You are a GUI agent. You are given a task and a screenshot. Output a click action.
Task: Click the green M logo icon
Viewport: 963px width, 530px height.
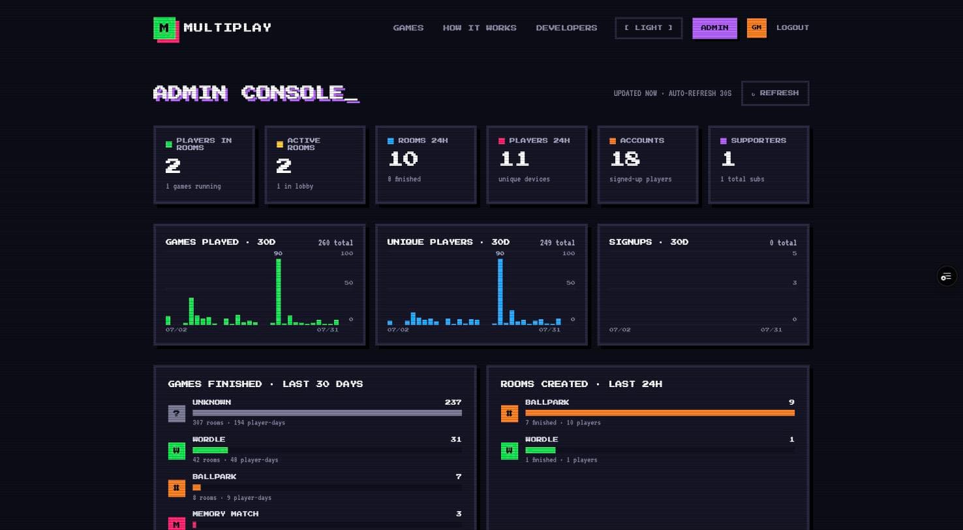click(x=165, y=29)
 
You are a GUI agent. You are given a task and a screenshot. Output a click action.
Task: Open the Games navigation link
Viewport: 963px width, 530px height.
click(x=408, y=28)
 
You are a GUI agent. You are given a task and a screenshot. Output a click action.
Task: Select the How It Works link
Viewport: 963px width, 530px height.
click(x=480, y=28)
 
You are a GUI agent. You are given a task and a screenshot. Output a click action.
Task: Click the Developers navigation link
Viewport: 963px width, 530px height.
click(x=566, y=28)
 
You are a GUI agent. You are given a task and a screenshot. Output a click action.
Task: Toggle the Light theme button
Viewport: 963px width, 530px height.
click(x=649, y=28)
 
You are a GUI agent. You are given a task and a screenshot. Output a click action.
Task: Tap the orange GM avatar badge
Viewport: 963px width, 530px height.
click(x=757, y=28)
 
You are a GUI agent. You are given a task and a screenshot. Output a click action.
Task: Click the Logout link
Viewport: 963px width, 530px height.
click(x=792, y=27)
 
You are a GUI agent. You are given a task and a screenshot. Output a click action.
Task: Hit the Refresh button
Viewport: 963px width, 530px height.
click(x=775, y=93)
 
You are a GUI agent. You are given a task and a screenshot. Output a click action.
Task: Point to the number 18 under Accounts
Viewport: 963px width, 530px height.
click(x=624, y=159)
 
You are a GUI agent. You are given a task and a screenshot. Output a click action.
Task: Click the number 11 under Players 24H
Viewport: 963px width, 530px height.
click(x=513, y=159)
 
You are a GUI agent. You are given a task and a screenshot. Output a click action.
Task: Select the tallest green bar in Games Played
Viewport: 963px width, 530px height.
click(x=279, y=292)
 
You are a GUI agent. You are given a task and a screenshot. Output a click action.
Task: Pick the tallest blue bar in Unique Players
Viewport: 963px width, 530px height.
click(x=500, y=292)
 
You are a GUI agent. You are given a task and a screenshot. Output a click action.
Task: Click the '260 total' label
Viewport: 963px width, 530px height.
click(x=335, y=243)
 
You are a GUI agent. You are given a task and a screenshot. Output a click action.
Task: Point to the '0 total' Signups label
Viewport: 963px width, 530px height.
click(x=783, y=243)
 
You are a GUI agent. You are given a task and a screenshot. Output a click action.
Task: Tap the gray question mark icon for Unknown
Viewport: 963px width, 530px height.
click(x=176, y=413)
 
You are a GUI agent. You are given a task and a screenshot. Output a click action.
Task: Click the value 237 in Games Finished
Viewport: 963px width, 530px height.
click(x=453, y=402)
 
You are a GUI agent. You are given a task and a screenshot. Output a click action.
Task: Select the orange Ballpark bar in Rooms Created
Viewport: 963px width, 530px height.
click(x=660, y=413)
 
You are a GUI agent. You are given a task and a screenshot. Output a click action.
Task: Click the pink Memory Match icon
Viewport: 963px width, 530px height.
click(x=176, y=523)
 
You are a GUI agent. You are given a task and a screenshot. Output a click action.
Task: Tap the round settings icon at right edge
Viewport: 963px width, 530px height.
click(x=947, y=276)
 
